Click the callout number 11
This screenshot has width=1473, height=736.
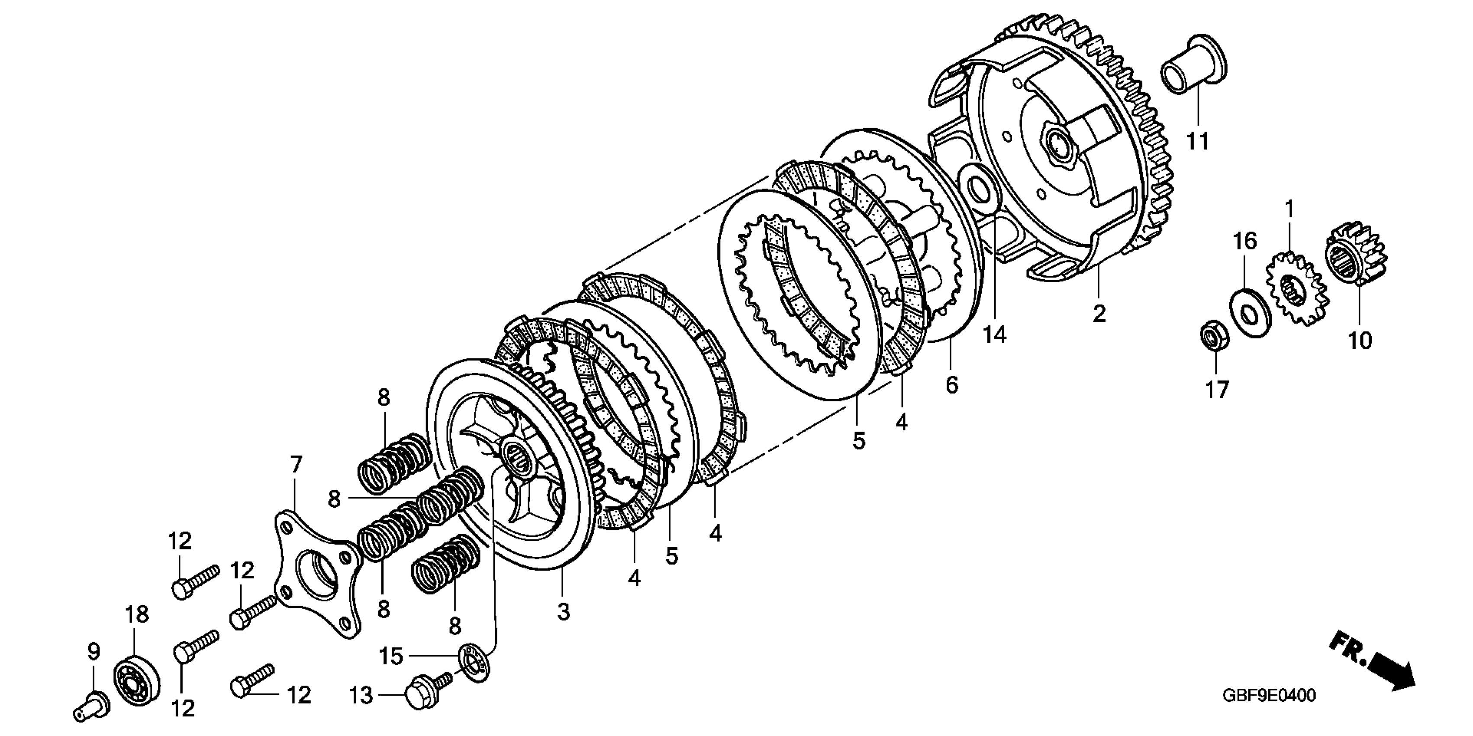tap(1197, 141)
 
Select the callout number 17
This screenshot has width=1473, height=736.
tap(1216, 390)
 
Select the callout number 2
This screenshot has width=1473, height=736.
tap(1099, 313)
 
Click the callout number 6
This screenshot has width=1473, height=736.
tap(951, 385)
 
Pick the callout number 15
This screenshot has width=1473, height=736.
tap(392, 656)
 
